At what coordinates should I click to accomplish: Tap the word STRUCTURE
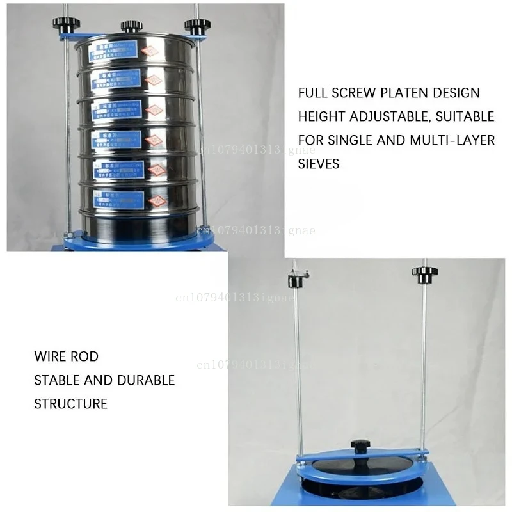coord(70,404)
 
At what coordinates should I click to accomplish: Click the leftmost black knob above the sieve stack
coord(66,24)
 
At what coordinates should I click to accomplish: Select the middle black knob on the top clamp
coord(131,26)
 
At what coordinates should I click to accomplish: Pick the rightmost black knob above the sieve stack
coord(197,26)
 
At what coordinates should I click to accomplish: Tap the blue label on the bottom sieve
coord(118,198)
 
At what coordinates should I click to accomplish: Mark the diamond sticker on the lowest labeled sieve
coord(157,200)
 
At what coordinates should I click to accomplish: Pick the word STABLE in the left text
coord(57,380)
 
